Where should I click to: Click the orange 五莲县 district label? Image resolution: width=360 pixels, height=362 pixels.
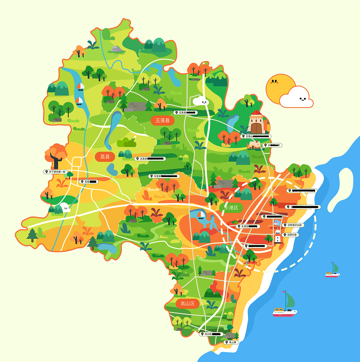163,120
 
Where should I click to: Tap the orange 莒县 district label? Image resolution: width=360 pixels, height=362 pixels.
105,157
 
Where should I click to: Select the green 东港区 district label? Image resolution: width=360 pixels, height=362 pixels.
231,208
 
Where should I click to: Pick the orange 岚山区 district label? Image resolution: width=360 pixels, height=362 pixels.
188,303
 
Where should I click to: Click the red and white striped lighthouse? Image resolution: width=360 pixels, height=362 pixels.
278,237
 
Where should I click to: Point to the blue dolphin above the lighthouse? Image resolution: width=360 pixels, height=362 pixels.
277,223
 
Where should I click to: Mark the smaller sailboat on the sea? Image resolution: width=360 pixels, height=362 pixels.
333,271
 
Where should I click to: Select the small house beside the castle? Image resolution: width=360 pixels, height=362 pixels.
255,145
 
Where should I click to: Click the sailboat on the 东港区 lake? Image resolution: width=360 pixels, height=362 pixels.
201,215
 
